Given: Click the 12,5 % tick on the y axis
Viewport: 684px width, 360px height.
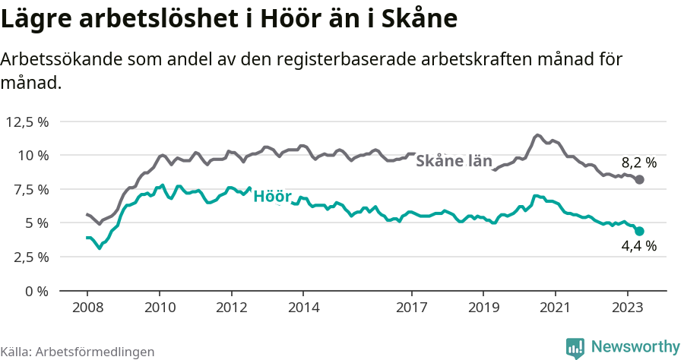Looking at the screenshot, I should (x=27, y=122).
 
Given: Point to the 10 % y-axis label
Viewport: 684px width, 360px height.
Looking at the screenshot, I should (x=33, y=155).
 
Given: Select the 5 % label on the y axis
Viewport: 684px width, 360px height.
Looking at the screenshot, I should (x=36, y=223).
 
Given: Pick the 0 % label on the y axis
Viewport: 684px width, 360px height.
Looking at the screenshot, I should (x=36, y=291).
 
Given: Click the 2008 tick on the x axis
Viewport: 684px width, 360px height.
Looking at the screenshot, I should (x=87, y=308).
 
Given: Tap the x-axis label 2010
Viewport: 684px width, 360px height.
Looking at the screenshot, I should (x=159, y=308).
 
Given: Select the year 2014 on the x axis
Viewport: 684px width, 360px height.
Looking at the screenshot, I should (x=303, y=308).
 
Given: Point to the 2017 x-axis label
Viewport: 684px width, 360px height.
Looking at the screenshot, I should (x=411, y=308).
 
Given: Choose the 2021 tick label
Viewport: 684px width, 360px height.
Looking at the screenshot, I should (x=556, y=308).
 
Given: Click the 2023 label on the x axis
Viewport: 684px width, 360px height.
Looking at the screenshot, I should (x=628, y=308).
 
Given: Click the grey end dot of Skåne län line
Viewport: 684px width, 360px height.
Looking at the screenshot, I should (x=640, y=179).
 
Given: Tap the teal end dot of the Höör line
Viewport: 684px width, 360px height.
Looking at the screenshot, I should (x=640, y=231).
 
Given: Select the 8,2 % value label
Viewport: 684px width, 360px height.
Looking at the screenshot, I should (x=638, y=162).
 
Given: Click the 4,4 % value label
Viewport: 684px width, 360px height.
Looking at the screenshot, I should (x=638, y=246).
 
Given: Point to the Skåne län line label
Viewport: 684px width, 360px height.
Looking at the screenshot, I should (x=454, y=161).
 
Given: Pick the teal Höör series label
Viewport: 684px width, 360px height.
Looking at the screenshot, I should (x=272, y=197).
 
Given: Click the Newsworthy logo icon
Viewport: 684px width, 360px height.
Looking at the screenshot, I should (x=575, y=347).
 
